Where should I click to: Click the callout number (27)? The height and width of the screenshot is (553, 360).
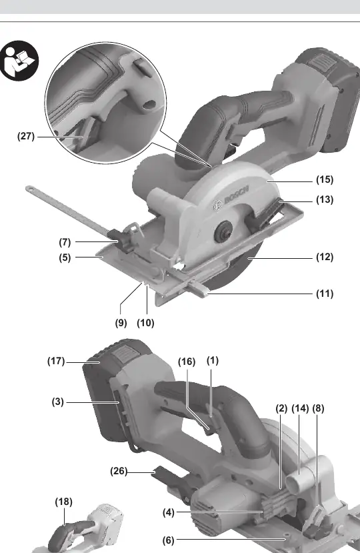[26, 136]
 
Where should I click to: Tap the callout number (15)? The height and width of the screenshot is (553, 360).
[325, 179]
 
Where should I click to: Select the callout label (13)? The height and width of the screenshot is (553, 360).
[325, 199]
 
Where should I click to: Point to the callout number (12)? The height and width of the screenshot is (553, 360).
[325, 257]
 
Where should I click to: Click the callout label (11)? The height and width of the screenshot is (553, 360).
[325, 294]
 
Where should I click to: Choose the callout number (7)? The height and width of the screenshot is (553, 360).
[65, 242]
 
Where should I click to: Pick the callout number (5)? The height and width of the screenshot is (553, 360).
[65, 257]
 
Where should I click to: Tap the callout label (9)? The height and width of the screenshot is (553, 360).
[121, 323]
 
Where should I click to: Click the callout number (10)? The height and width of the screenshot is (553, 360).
[145, 323]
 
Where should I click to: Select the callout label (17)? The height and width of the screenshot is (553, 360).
[56, 361]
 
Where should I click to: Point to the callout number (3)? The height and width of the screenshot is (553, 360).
[58, 402]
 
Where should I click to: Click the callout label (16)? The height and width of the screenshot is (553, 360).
[187, 362]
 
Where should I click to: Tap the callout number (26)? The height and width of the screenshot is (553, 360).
[119, 471]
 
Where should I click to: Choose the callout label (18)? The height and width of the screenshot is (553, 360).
[64, 502]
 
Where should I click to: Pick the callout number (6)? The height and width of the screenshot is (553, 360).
[169, 540]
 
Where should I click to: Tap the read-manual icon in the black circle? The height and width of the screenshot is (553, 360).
[19, 60]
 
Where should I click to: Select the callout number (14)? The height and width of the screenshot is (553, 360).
[300, 408]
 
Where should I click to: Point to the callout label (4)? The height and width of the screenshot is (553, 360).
[169, 512]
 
